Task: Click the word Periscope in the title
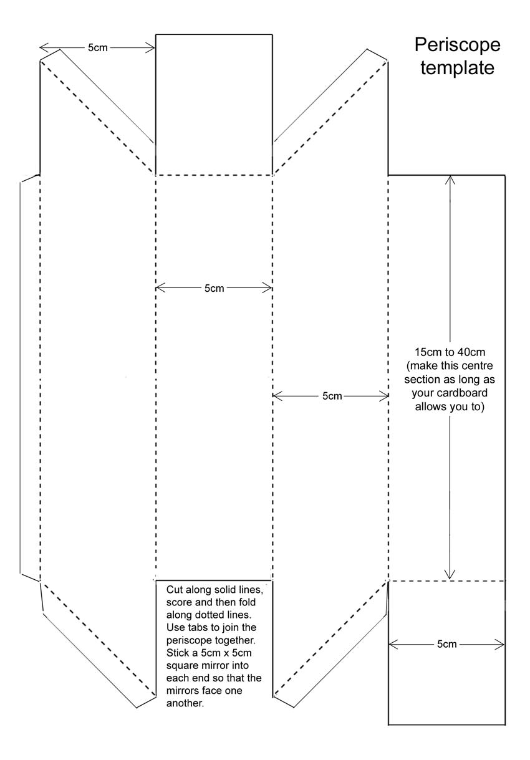(457, 46)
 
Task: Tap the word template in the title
(457, 68)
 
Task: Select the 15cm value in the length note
(426, 352)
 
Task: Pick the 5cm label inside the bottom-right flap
(446, 644)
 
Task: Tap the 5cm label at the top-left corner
(97, 47)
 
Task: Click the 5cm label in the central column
(214, 288)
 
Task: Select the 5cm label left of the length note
(332, 396)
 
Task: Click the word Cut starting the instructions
(175, 589)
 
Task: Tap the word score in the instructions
(180, 602)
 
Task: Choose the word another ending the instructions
(185, 703)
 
